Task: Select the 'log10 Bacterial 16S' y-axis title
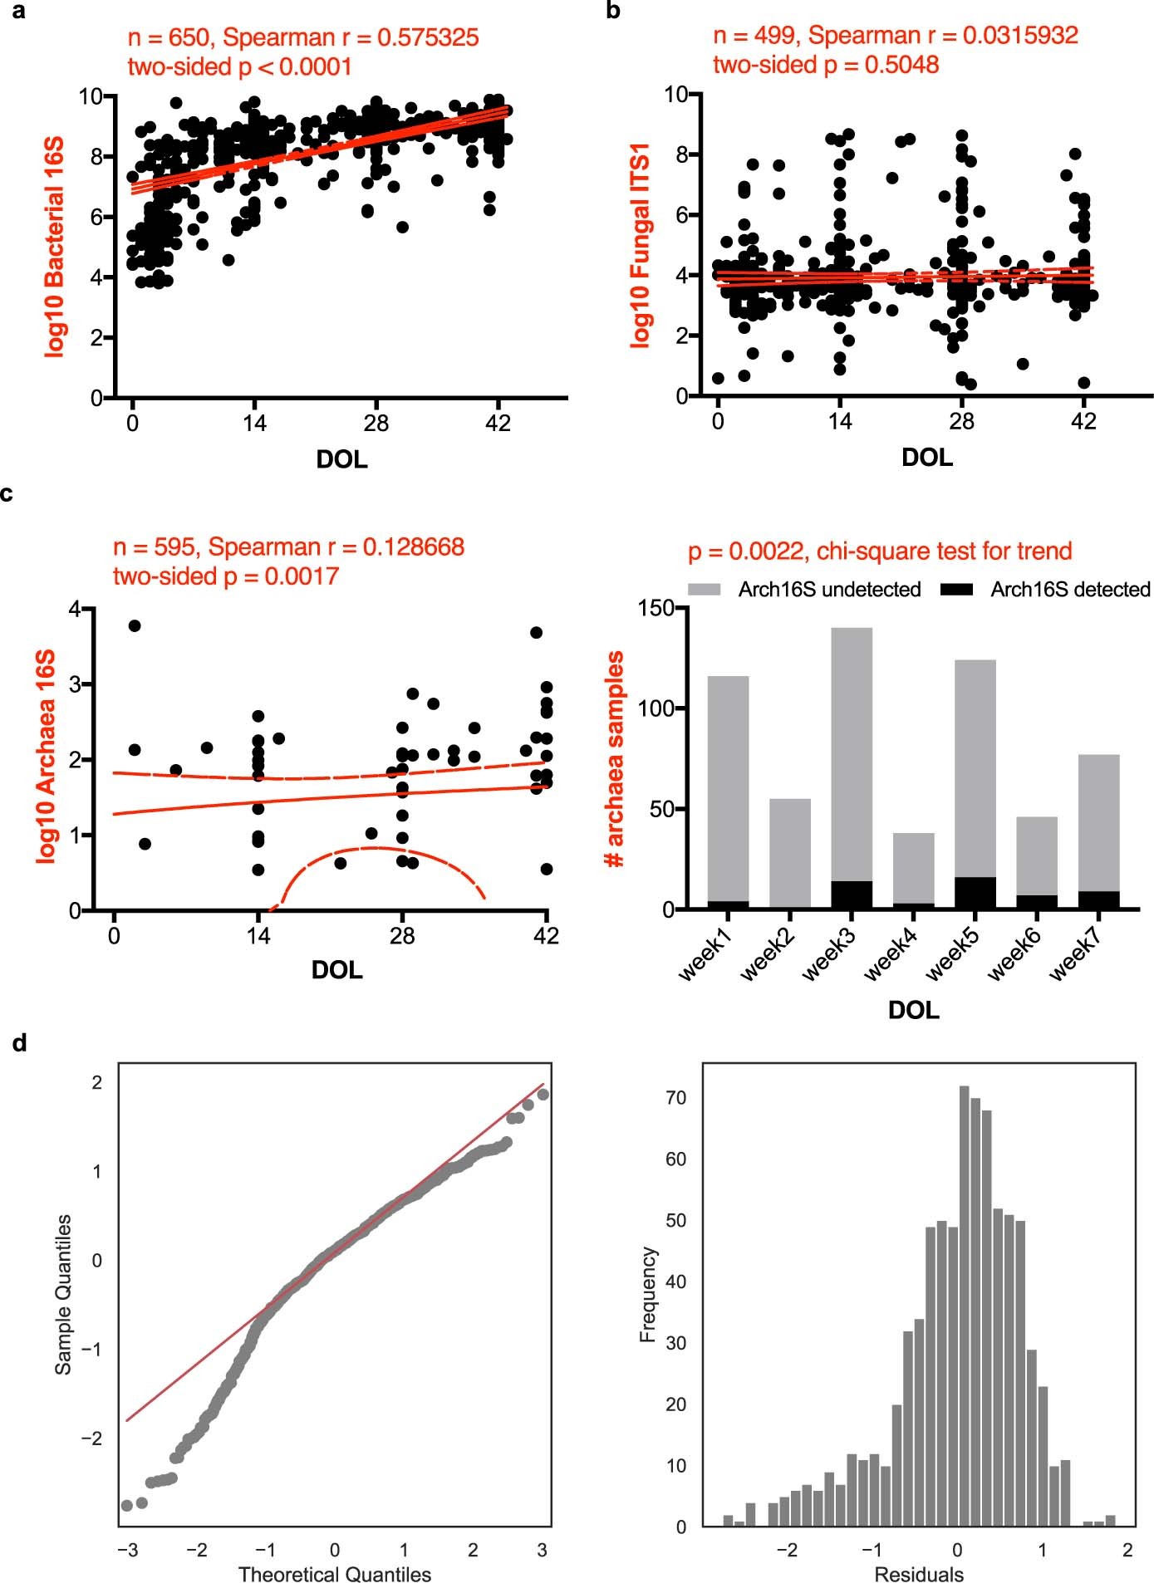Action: (x=54, y=248)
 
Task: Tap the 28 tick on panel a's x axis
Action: (x=376, y=424)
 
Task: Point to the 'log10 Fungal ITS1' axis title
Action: (x=641, y=245)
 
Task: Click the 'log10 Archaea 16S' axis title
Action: (x=46, y=757)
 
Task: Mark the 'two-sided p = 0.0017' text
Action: (x=226, y=576)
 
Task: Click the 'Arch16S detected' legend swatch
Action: (x=956, y=590)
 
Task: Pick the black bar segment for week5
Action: (x=975, y=893)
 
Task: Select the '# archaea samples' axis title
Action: (x=616, y=758)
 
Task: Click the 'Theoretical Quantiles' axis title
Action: (x=334, y=1574)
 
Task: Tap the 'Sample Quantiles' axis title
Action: (x=63, y=1294)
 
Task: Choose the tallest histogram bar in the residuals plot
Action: (x=964, y=1306)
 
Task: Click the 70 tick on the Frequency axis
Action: (x=676, y=1098)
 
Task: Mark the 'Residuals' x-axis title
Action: (x=919, y=1574)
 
